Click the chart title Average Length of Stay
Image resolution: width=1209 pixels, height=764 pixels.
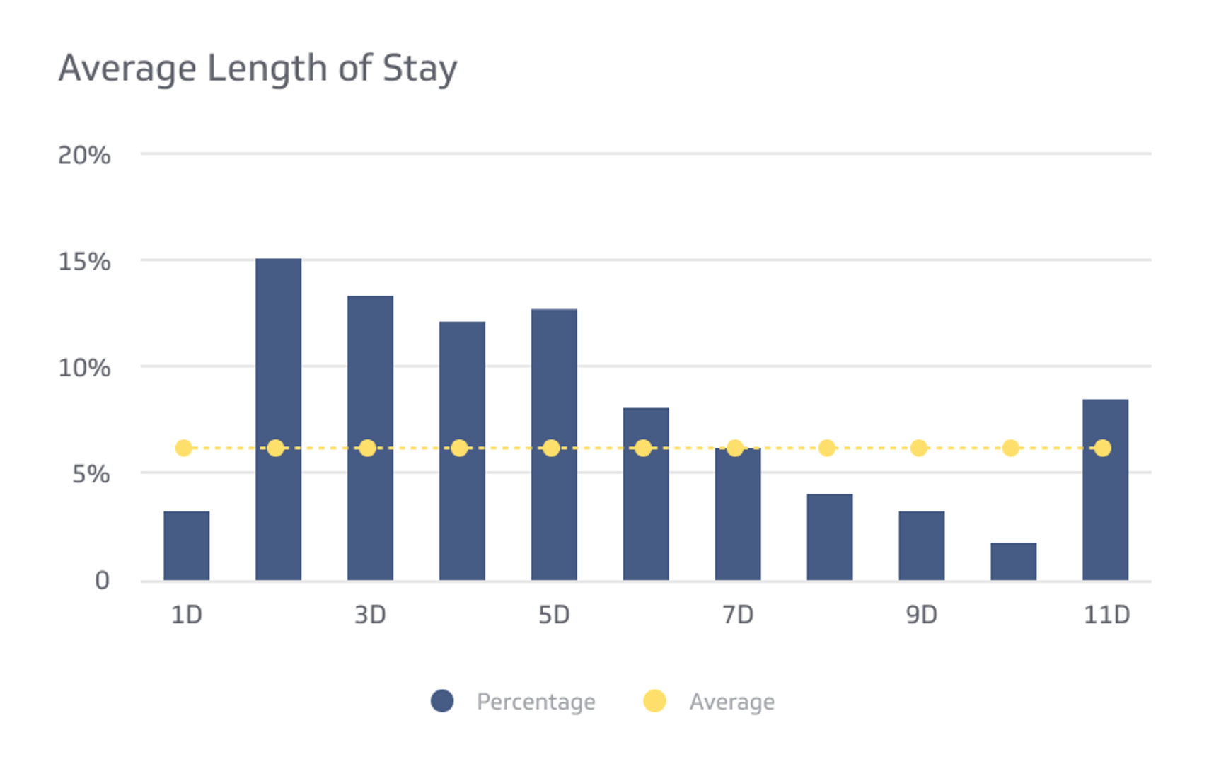click(258, 69)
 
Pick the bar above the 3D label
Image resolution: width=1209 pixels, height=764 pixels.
click(370, 438)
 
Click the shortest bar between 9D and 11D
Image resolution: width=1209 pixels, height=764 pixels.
click(1013, 562)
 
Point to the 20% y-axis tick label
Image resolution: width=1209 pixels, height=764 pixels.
click(84, 156)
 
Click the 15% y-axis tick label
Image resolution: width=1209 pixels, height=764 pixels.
click(84, 262)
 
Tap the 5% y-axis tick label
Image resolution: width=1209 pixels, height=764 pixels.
click(91, 474)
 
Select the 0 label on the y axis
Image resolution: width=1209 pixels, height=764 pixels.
click(102, 581)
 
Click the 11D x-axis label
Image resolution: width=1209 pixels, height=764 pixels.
click(1106, 615)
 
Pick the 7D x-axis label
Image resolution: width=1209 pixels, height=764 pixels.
click(737, 615)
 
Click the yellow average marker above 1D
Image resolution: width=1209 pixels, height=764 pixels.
click(183, 448)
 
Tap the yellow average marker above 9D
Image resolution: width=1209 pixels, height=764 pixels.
click(918, 448)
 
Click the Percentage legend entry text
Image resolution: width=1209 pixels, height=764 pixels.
click(536, 702)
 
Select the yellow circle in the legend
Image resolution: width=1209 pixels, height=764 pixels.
click(654, 701)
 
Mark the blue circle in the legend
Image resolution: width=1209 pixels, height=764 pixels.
click(442, 701)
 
